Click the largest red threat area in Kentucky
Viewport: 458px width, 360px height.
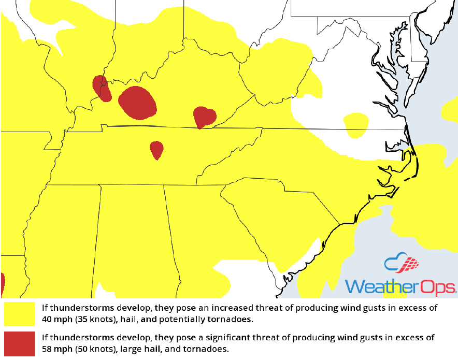[137, 103]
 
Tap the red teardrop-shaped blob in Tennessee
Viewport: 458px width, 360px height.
[156, 150]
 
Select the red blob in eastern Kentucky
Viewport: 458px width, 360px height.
[204, 117]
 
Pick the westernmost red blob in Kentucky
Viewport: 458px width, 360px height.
[102, 88]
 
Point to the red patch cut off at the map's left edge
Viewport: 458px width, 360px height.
[2, 284]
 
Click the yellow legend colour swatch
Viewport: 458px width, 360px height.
[20, 314]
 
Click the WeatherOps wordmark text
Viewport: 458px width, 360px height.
[400, 286]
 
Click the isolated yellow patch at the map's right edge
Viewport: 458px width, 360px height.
[450, 110]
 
